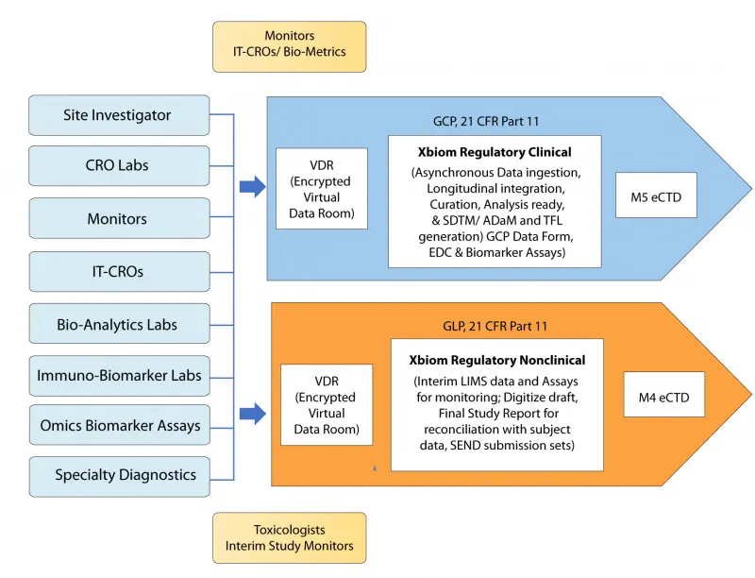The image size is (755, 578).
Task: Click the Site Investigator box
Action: pos(119,115)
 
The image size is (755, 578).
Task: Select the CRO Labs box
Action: pos(119,166)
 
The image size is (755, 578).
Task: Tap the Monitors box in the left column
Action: pos(119,218)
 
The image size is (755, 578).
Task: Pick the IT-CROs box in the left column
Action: pos(119,271)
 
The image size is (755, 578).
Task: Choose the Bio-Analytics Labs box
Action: pos(119,324)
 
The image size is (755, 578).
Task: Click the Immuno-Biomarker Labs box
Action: pos(119,375)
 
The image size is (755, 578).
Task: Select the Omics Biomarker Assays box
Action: pos(119,425)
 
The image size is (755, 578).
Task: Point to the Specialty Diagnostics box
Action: pos(119,476)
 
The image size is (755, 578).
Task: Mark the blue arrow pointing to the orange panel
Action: pos(252,413)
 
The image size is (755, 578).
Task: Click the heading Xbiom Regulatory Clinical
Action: pos(494,152)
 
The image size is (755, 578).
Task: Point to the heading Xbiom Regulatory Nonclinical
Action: pos(496,360)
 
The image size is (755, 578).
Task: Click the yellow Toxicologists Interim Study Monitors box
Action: pos(289,538)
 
